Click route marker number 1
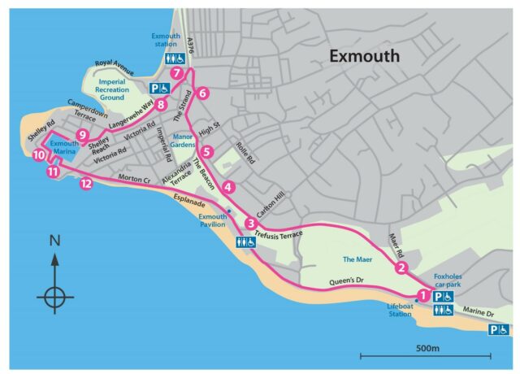[x=422, y=296]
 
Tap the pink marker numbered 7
[x=176, y=74]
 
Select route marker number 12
[x=86, y=184]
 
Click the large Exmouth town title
[x=375, y=56]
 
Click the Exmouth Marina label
[x=62, y=148]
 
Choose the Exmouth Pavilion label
[x=214, y=222]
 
